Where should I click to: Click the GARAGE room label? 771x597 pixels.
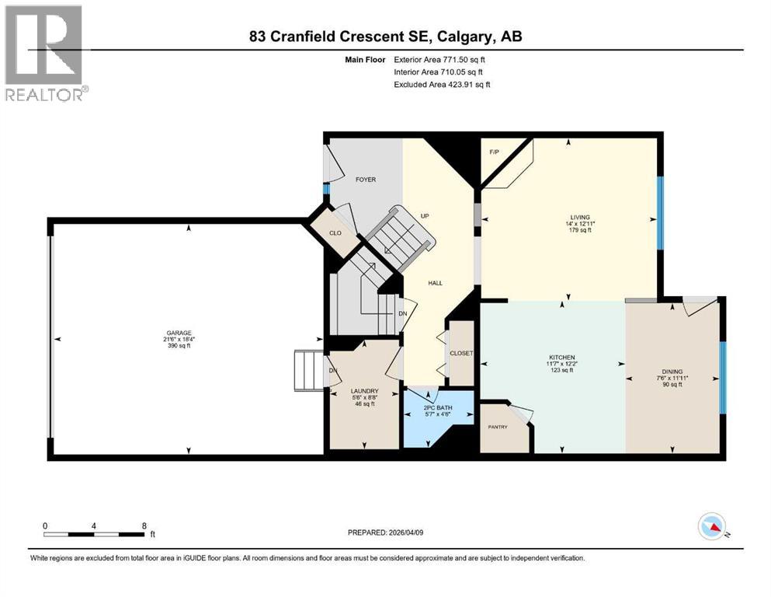pyautogui.click(x=176, y=332)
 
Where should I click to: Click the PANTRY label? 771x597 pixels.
pyautogui.click(x=498, y=427)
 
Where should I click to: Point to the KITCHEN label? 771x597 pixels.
pyautogui.click(x=561, y=357)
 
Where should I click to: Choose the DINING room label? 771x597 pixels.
pyautogui.click(x=672, y=372)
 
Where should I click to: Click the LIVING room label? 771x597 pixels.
pyautogui.click(x=579, y=217)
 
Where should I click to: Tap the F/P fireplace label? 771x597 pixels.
pyautogui.click(x=494, y=152)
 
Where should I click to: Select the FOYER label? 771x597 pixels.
pyautogui.click(x=365, y=180)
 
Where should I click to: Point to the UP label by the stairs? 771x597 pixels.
pyautogui.click(x=425, y=215)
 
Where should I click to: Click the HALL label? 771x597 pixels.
pyautogui.click(x=436, y=283)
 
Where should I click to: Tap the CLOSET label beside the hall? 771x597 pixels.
pyautogui.click(x=461, y=353)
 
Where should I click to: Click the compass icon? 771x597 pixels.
pyautogui.click(x=712, y=527)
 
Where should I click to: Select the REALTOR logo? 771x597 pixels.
pyautogui.click(x=46, y=54)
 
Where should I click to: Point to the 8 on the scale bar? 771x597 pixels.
pyautogui.click(x=144, y=525)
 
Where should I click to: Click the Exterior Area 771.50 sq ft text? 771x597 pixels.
pyautogui.click(x=442, y=59)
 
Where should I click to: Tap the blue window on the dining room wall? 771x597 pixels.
pyautogui.click(x=722, y=377)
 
